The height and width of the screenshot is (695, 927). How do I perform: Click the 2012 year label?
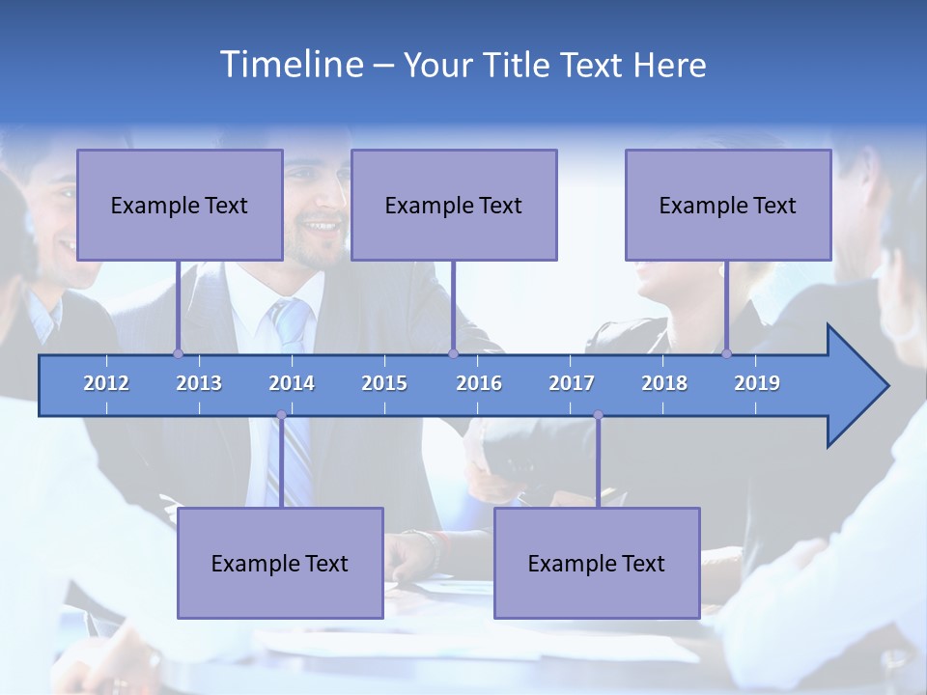[106, 383]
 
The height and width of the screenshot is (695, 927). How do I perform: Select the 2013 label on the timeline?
[199, 383]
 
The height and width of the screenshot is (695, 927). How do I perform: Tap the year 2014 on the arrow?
[292, 383]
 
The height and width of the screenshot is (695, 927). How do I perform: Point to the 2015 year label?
[384, 383]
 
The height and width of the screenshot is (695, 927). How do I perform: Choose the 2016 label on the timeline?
[479, 383]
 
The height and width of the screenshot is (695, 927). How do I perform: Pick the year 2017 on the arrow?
[572, 383]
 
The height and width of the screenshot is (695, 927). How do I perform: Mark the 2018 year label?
[664, 383]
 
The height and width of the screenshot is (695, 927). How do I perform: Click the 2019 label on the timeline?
[757, 383]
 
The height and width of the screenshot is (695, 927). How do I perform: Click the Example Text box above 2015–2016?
[454, 205]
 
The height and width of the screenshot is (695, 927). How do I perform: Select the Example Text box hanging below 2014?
[280, 563]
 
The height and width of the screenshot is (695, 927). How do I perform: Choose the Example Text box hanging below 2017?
[597, 563]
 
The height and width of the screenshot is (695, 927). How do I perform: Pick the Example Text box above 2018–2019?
[728, 205]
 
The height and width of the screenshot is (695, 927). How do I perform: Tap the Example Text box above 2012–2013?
[180, 205]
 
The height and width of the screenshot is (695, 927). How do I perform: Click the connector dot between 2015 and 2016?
[453, 353]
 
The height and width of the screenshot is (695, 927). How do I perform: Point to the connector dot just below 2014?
[281, 415]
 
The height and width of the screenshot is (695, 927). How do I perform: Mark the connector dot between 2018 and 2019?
[727, 353]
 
